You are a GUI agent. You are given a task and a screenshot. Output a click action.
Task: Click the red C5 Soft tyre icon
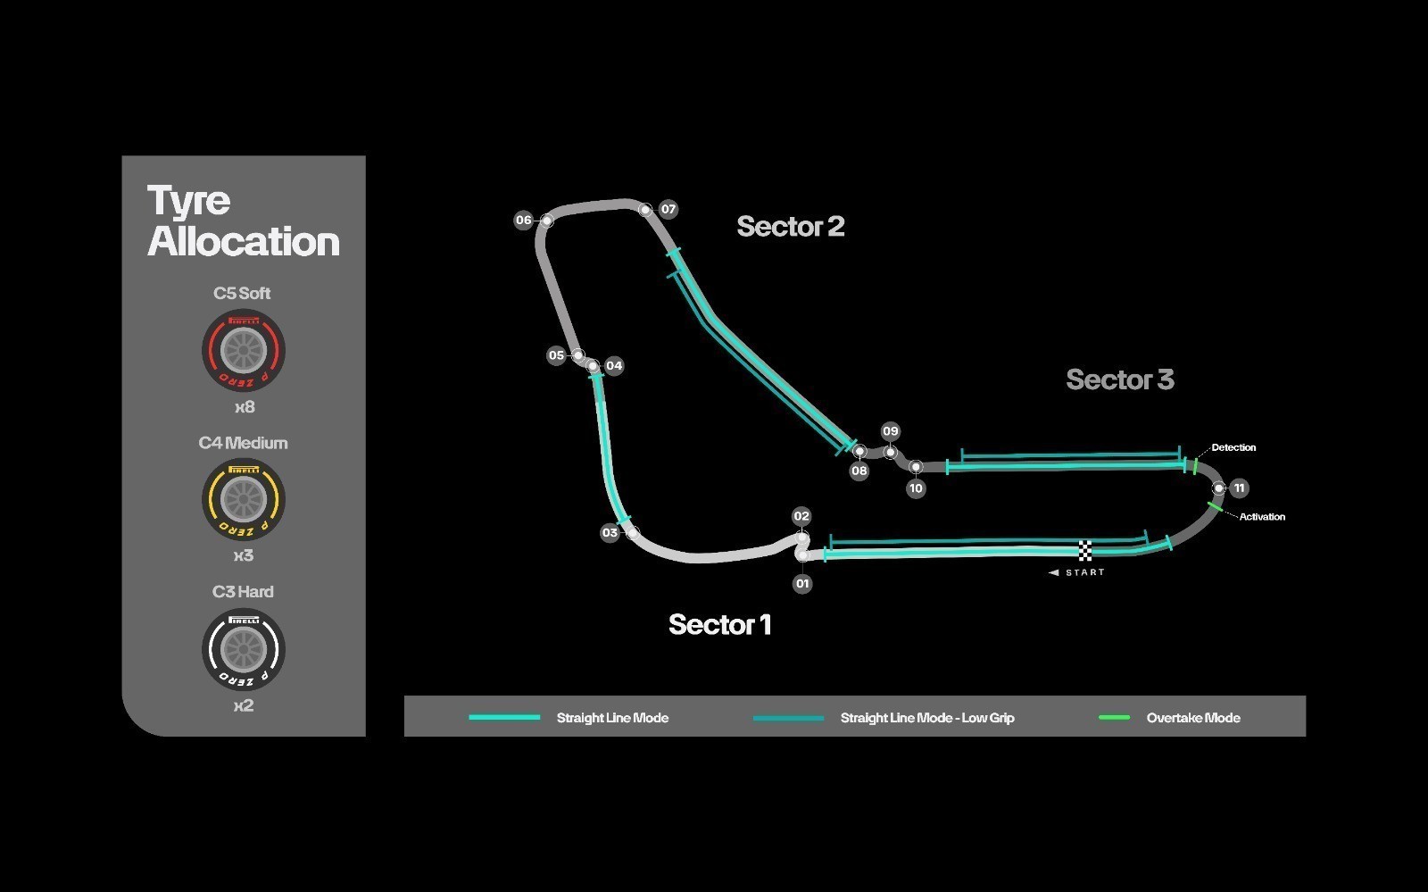click(243, 351)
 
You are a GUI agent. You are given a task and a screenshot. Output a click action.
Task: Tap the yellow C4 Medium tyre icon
click(243, 499)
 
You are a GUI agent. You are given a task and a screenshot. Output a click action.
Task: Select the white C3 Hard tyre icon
click(243, 650)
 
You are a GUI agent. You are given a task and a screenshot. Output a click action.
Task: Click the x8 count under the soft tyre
click(245, 407)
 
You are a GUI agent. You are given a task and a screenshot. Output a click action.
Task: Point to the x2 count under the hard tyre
click(244, 705)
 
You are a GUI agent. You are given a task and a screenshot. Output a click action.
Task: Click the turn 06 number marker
click(523, 220)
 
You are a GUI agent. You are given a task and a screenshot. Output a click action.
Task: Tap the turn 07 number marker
click(668, 209)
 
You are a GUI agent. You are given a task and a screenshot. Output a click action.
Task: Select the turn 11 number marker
click(1239, 488)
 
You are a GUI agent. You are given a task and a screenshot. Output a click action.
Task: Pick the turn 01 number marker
click(802, 583)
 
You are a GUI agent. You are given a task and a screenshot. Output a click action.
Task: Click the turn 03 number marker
click(610, 532)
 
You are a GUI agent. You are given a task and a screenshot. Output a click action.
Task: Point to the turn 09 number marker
click(890, 431)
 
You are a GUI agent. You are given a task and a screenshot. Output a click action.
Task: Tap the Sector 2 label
click(791, 226)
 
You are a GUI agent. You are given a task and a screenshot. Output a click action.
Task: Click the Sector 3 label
click(1120, 379)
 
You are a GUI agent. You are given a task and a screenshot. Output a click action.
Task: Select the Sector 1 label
click(719, 624)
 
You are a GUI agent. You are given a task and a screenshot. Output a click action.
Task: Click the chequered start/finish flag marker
click(1085, 550)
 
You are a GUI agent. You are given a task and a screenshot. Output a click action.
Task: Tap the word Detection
click(1233, 447)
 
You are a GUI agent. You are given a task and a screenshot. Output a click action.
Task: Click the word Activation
click(1262, 516)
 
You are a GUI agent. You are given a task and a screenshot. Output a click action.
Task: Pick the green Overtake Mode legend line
click(1115, 717)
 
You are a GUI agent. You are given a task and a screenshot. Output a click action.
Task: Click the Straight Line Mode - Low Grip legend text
click(927, 718)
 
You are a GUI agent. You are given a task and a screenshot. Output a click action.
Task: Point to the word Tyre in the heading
click(188, 201)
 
